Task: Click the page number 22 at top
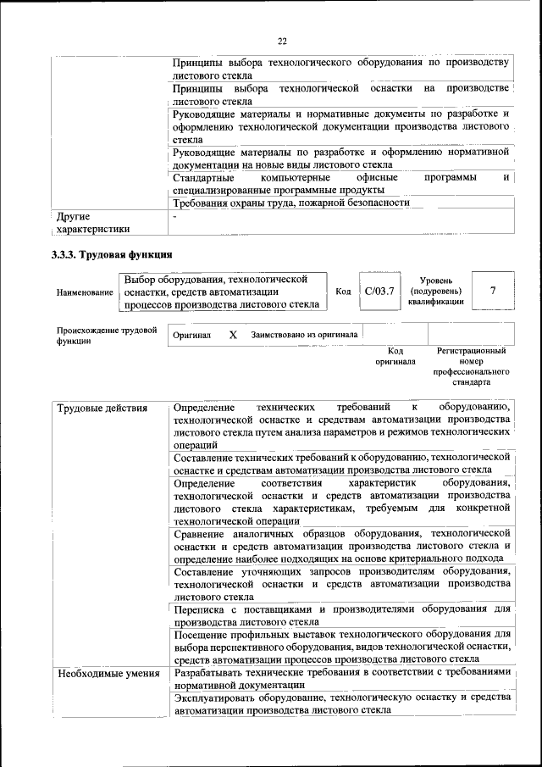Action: click(283, 40)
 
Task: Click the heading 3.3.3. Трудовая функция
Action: click(112, 253)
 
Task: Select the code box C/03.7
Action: click(374, 292)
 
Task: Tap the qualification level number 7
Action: click(493, 292)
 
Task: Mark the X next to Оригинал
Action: click(233, 335)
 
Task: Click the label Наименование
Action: click(85, 292)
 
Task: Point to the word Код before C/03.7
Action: click(343, 292)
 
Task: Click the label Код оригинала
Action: click(395, 356)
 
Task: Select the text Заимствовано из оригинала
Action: click(304, 335)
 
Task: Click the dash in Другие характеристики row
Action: click(174, 217)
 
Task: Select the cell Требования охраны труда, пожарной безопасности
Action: click(291, 203)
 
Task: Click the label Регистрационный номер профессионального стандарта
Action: click(471, 366)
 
